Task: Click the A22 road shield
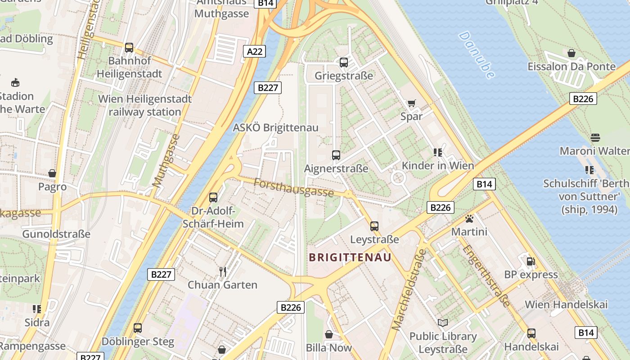point(255,51)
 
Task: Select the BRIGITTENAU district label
point(350,257)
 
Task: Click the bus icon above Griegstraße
point(344,63)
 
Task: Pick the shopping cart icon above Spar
point(411,103)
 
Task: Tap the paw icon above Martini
point(469,219)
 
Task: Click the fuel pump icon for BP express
point(531,261)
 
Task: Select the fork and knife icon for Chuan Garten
point(222,271)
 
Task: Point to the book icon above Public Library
point(443,323)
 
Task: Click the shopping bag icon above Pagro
point(52,173)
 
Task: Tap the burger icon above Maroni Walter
point(595,137)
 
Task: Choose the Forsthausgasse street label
point(293,187)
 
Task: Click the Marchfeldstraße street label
point(409,290)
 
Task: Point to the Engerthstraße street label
point(487,275)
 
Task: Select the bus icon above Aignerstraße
point(336,155)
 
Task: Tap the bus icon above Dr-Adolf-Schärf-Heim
point(213,197)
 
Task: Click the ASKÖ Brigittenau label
point(275,128)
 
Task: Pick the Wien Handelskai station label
point(566,304)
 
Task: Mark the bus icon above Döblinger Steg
point(138,328)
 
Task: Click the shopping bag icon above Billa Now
point(329,334)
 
